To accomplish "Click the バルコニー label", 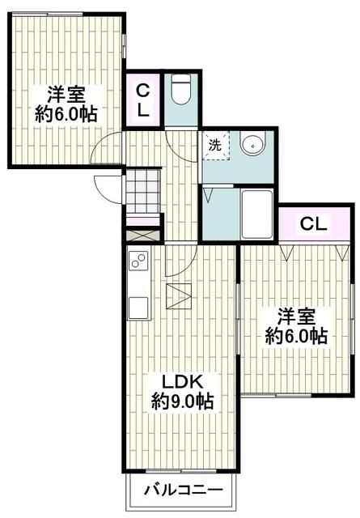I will click(x=184, y=491).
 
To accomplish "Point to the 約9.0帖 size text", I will click(x=183, y=401).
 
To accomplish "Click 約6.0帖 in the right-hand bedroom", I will click(x=297, y=335).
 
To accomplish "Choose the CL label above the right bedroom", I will click(x=314, y=223).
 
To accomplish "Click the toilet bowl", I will click(x=179, y=91).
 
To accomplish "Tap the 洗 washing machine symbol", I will click(x=215, y=146).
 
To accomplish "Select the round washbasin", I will click(x=253, y=146).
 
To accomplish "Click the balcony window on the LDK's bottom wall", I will click(x=183, y=472).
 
